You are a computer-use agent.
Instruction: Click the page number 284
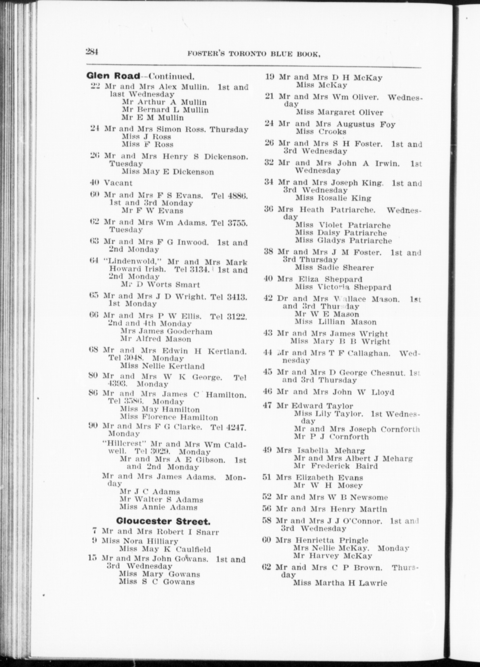(92, 52)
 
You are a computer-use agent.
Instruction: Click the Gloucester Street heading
(163, 521)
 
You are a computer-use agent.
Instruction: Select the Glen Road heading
(113, 76)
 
